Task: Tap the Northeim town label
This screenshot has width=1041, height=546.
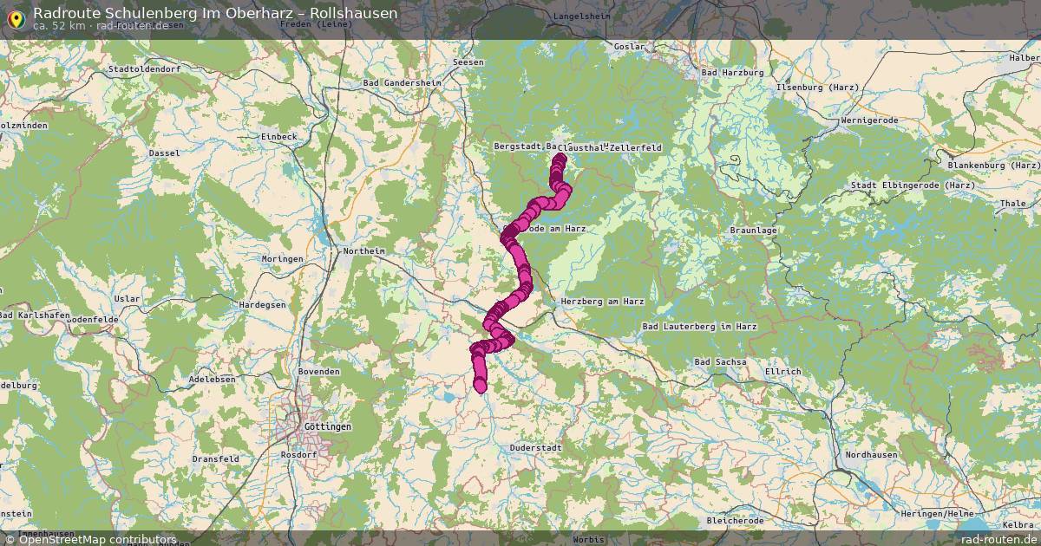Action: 363,250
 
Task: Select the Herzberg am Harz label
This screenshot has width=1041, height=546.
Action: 602,301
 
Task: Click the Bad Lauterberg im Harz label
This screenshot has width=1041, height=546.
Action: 699,326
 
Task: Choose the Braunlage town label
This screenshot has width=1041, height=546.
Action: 753,231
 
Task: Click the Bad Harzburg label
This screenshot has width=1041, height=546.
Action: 731,73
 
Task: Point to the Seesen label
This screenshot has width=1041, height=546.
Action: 468,62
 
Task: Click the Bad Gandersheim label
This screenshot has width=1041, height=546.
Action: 402,82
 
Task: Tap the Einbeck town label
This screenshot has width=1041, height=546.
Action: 278,136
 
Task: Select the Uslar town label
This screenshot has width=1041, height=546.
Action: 127,298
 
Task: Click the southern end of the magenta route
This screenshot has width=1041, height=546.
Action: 481,387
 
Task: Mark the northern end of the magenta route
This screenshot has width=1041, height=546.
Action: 559,159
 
